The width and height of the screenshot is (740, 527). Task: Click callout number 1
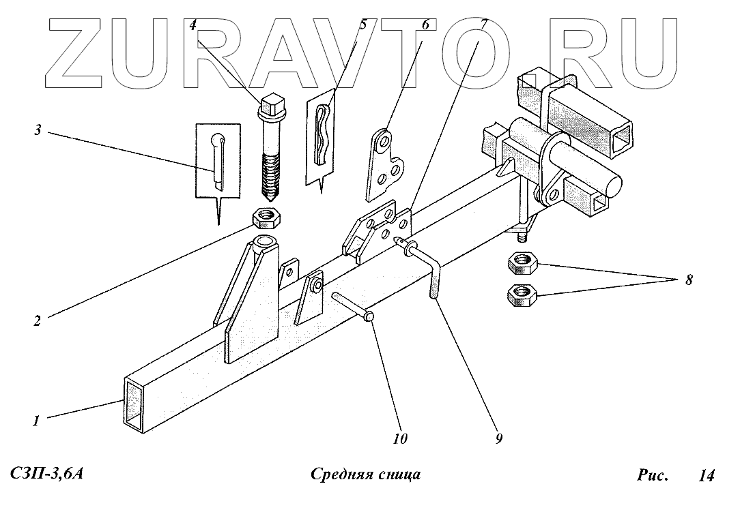pos(36,421)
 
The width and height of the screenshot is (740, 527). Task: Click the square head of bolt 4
pos(270,106)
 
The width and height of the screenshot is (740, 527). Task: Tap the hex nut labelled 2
pos(267,218)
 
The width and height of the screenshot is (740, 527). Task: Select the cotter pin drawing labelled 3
pos(218,160)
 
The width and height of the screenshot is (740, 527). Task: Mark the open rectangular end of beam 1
pos(134,403)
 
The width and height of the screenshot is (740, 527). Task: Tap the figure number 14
pos(706,476)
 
